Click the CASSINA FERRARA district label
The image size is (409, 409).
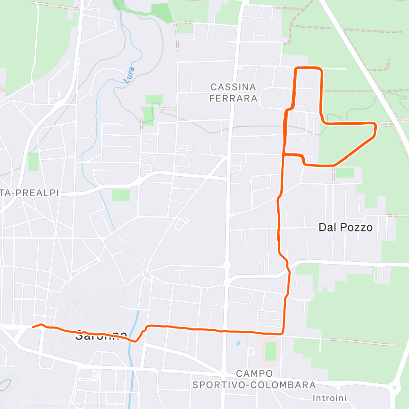pyautogui.click(x=234, y=92)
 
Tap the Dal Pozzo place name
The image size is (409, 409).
pyautogui.click(x=346, y=227)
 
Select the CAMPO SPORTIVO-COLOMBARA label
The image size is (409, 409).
pyautogui.click(x=254, y=379)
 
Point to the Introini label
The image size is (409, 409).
pyautogui.click(x=330, y=398)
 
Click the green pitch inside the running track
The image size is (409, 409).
pyautogui.click(x=270, y=351)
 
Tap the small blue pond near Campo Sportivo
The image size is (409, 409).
pyautogui.click(x=238, y=344)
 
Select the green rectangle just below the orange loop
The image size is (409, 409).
pyautogui.click(x=345, y=173)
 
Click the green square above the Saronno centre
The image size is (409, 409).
pyautogui.click(x=121, y=195)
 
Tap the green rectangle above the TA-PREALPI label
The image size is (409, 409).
pyautogui.click(x=34, y=162)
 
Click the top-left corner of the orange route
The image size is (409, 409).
pyautogui.click(x=296, y=68)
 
